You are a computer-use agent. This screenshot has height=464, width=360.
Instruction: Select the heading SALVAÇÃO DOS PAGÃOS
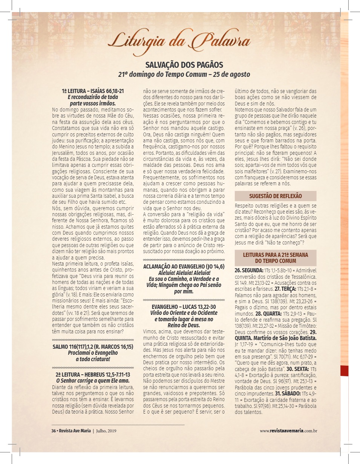click(184, 64)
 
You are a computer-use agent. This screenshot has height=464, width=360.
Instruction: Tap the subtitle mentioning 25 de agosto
click(184, 74)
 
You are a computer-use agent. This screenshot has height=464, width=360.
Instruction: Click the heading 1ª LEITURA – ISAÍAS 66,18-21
click(93, 92)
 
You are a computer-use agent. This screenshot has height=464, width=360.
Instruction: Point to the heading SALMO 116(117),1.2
click(93, 347)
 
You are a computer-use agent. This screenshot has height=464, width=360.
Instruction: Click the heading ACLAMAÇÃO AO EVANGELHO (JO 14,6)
click(184, 267)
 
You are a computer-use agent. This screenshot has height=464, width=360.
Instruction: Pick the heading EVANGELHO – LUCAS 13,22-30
click(184, 307)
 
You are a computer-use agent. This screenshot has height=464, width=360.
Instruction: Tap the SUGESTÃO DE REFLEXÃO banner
click(275, 196)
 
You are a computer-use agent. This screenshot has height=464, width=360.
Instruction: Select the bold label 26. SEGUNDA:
click(249, 270)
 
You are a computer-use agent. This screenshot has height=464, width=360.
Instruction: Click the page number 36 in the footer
click(54, 431)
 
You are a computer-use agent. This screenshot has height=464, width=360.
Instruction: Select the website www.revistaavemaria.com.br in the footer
click(288, 431)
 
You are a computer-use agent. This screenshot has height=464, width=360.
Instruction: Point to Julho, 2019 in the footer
click(107, 431)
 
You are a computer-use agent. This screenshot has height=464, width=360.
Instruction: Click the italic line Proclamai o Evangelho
click(93, 353)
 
